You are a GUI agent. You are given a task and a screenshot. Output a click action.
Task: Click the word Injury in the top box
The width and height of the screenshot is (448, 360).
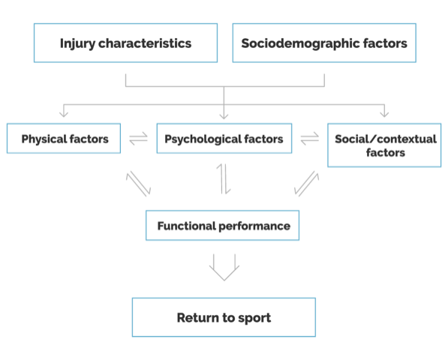(x=77, y=43)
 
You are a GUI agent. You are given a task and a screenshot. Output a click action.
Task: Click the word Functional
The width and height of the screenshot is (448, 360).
(x=187, y=226)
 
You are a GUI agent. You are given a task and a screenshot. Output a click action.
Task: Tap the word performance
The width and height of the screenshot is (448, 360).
(x=254, y=226)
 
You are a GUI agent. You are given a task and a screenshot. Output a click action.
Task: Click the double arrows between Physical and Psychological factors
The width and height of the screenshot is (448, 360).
(x=139, y=139)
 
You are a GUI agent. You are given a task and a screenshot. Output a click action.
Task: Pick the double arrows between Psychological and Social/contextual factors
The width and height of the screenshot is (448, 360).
(x=310, y=139)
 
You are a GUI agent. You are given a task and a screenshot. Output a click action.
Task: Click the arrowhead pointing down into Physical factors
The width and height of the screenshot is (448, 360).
(x=64, y=114)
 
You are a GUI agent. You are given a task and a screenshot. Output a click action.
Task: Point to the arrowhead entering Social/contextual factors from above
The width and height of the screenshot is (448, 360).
(x=384, y=114)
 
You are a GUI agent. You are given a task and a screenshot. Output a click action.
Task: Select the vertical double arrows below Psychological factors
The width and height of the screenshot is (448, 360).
(x=224, y=179)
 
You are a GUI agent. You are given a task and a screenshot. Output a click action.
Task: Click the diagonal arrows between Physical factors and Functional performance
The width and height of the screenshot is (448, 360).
(x=139, y=184)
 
